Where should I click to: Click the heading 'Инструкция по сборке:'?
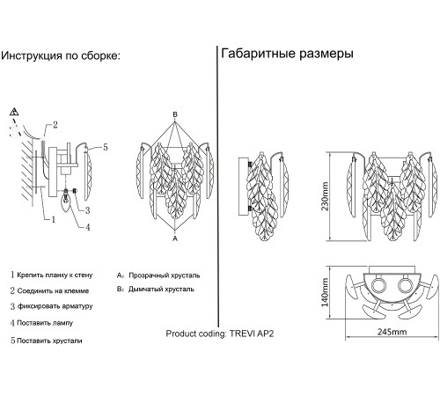click(x=61, y=55)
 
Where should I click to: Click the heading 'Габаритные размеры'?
click(x=287, y=54)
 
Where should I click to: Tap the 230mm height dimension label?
click(x=325, y=196)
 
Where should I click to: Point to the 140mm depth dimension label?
click(x=325, y=292)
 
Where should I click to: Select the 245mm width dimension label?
click(x=392, y=332)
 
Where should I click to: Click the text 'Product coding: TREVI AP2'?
click(x=220, y=334)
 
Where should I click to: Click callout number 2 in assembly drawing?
click(x=55, y=125)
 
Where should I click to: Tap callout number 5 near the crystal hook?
click(x=106, y=147)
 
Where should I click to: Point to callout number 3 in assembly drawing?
click(x=87, y=210)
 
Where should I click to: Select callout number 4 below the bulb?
click(x=88, y=227)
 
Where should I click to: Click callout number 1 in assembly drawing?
click(x=54, y=219)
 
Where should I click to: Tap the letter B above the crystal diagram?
click(x=175, y=114)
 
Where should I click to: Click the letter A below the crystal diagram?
click(x=175, y=238)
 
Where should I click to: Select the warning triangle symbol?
click(x=14, y=112)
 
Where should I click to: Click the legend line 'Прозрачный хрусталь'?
click(x=165, y=275)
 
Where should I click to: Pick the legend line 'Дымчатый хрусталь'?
click(x=161, y=290)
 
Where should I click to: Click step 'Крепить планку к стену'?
click(x=55, y=275)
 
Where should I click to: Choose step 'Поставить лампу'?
click(x=45, y=323)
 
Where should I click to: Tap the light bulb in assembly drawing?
click(x=66, y=202)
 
